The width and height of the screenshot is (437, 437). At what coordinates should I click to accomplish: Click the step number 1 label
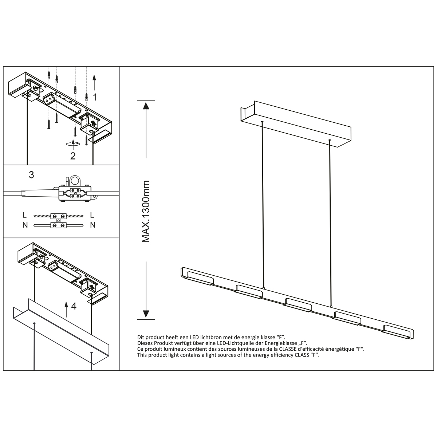point(95,97)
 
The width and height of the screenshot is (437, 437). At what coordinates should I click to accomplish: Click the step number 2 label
point(73,156)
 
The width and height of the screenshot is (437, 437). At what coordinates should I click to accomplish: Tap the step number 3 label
point(31,175)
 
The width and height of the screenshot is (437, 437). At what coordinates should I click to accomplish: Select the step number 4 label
point(74,306)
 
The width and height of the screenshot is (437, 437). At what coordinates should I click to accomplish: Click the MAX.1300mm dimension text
point(146,211)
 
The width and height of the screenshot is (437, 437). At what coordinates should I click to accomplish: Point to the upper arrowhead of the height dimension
point(146,106)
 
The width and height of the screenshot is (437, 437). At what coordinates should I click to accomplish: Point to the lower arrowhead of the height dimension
point(146,314)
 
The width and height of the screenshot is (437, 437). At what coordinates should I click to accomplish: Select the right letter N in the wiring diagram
point(92,225)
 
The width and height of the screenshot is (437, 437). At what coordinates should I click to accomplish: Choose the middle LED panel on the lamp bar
point(298,304)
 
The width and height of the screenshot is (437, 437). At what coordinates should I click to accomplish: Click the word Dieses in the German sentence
point(145,343)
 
